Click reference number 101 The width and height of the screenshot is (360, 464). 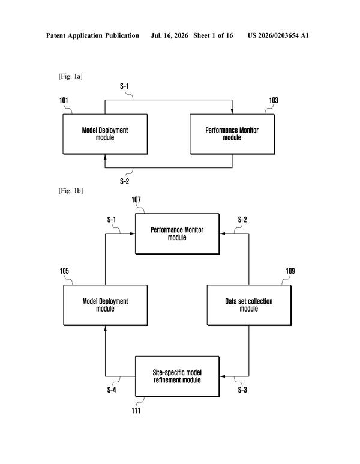pos(64,100)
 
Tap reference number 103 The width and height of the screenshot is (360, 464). pos(274,100)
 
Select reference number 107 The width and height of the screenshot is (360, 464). pos(136,200)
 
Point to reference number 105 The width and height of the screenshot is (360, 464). pos(64,271)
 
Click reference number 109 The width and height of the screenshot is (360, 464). pos(290,271)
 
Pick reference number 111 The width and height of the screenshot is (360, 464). pos(136,411)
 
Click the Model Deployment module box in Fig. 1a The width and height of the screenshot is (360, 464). pos(105,134)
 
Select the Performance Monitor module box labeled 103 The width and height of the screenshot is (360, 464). pos(232,134)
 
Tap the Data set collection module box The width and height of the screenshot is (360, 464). pos(249,305)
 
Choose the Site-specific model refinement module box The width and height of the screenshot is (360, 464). pos(177,376)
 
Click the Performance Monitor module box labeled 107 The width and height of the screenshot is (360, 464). pos(177,234)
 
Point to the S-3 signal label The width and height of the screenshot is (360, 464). pos(242,390)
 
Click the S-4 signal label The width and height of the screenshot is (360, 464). pos(112,390)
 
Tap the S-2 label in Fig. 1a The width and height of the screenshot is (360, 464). pos(125,181)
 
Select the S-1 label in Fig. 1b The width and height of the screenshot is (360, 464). pos(112,220)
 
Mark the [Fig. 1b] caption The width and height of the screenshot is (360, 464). pos(70,191)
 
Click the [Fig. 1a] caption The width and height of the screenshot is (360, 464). pos(70,76)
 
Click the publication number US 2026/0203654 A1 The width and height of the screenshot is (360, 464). pos(278,35)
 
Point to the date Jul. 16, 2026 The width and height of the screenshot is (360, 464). pos(169,36)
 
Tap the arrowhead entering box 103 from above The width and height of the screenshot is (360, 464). pos(232,111)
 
